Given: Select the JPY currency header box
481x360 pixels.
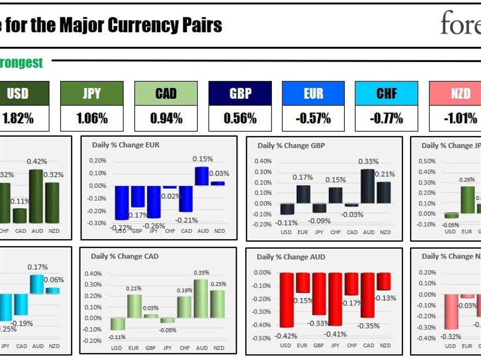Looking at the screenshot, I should click(x=92, y=94).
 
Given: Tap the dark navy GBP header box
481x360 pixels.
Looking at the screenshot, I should click(x=240, y=94).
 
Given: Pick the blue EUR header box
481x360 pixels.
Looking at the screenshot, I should click(x=313, y=94).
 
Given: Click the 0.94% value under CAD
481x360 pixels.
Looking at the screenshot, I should click(x=166, y=118).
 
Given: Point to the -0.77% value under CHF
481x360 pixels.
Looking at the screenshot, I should click(x=386, y=118).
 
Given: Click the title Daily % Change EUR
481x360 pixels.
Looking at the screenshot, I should click(x=126, y=145).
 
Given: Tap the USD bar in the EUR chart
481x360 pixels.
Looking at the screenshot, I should click(x=121, y=203).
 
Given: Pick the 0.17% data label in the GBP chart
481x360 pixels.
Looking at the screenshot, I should click(x=302, y=177).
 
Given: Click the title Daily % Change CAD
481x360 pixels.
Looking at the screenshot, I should click(x=124, y=256).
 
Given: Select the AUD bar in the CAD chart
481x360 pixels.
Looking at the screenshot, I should click(x=200, y=298).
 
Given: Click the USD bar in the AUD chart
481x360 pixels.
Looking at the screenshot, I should click(x=287, y=300).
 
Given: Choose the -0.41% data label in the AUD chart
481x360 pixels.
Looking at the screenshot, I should click(x=336, y=334).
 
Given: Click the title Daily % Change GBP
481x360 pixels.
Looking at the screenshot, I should click(x=291, y=145).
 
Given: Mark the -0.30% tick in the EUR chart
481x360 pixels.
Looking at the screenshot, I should click(x=97, y=223).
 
